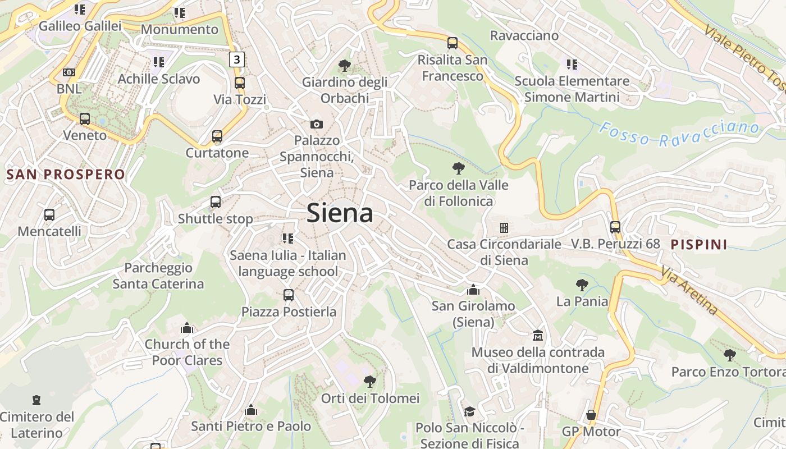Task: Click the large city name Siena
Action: [340, 214]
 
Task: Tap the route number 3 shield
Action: [237, 59]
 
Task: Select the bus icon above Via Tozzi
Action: [240, 83]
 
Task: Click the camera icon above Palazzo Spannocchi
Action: [317, 124]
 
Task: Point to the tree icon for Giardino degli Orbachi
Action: [345, 66]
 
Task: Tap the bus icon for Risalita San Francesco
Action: [453, 43]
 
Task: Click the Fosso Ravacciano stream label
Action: [679, 133]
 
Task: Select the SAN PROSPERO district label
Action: [65, 174]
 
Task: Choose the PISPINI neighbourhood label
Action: [699, 244]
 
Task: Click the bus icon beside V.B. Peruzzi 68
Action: [615, 227]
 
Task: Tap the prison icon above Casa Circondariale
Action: [504, 227]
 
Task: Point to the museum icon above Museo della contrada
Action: [538, 335]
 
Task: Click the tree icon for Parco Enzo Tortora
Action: [729, 355]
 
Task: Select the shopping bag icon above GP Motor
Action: [591, 415]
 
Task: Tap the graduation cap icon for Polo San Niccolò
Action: [469, 411]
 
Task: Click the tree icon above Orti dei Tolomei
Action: [370, 382]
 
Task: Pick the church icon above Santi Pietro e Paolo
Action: [251, 410]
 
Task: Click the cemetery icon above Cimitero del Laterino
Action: [36, 400]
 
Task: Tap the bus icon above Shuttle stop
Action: [216, 202]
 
